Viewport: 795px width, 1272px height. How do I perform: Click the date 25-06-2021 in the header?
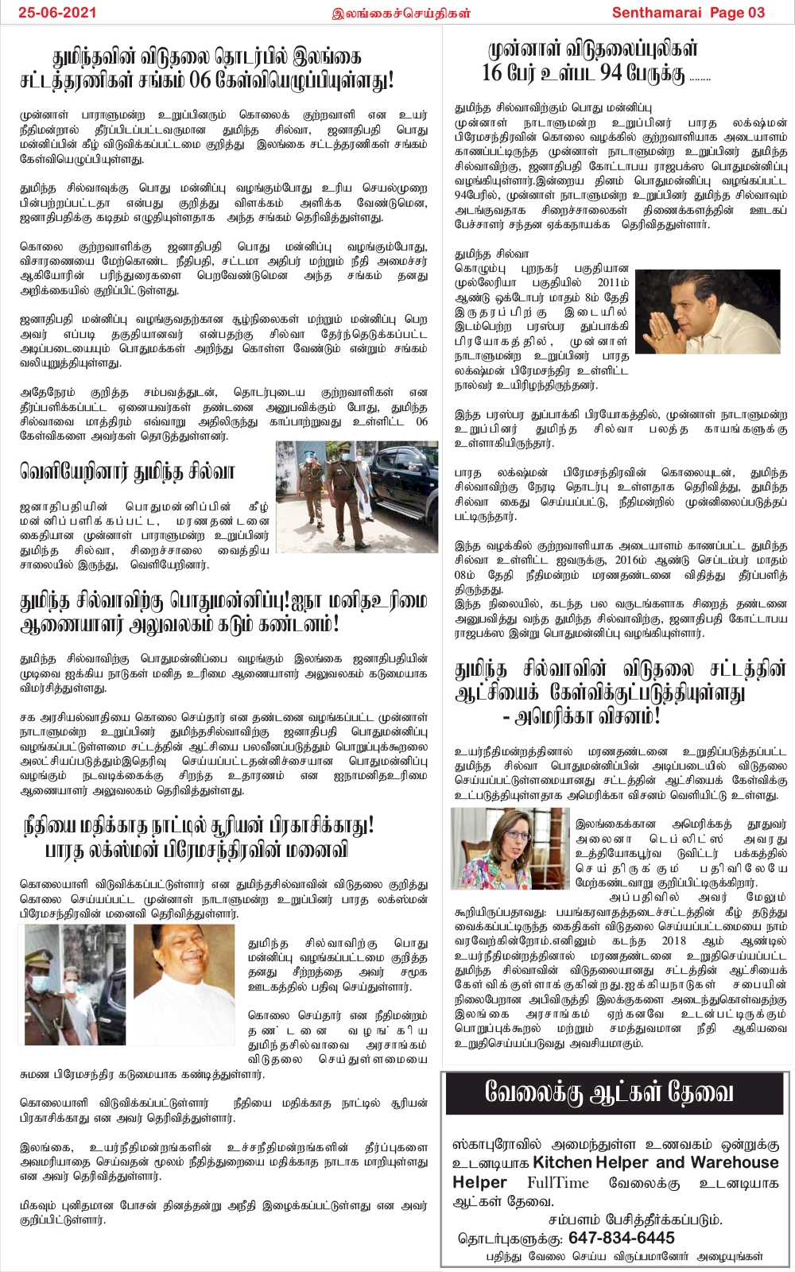pos(57,12)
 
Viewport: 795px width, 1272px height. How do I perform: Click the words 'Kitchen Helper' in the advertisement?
pos(592,1162)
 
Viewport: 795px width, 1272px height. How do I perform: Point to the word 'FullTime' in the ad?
pos(557,1182)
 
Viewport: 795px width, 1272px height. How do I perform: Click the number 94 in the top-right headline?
pos(611,73)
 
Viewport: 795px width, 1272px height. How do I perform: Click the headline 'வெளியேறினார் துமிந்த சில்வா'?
pos(127,472)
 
